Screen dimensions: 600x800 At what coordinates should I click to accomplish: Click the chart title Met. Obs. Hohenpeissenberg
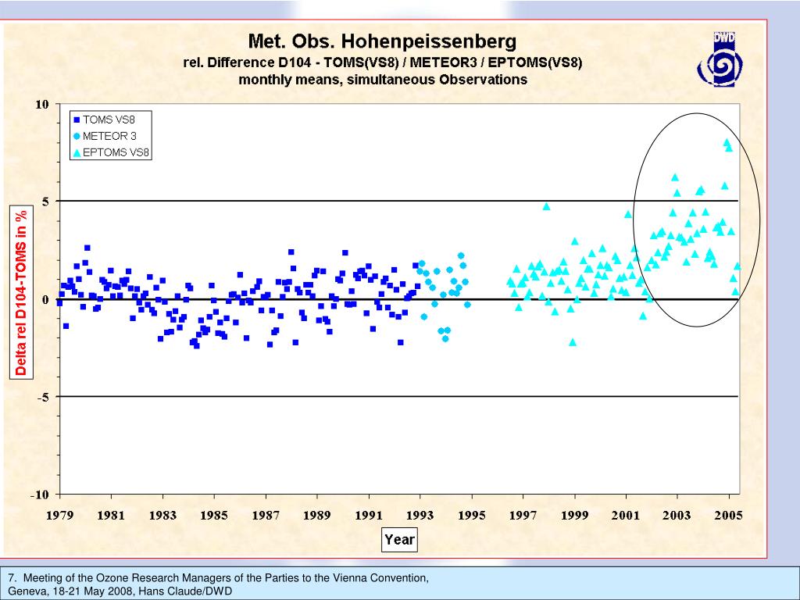click(x=382, y=41)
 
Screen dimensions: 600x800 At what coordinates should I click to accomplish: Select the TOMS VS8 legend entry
click(x=109, y=120)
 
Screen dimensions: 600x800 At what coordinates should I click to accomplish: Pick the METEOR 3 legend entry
click(x=109, y=136)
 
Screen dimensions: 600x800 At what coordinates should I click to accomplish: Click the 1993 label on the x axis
click(x=420, y=515)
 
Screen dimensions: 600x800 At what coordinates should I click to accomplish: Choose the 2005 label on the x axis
click(x=729, y=515)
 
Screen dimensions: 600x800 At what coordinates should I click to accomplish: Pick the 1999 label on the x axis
click(x=574, y=515)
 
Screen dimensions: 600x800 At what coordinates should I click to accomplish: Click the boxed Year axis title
click(x=399, y=539)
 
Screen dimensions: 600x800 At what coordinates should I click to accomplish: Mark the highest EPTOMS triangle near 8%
click(x=727, y=143)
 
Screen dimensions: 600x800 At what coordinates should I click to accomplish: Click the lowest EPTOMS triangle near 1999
click(x=573, y=342)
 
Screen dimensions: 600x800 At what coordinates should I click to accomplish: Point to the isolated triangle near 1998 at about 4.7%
click(x=546, y=207)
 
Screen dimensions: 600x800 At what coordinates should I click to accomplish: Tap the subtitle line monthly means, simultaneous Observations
click(x=382, y=79)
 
